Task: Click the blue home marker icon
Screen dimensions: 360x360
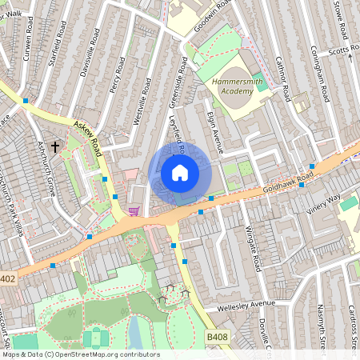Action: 180,173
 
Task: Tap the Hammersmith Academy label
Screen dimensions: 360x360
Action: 238,86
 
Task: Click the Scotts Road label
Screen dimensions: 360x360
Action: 344,49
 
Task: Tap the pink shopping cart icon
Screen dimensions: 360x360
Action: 134,211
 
